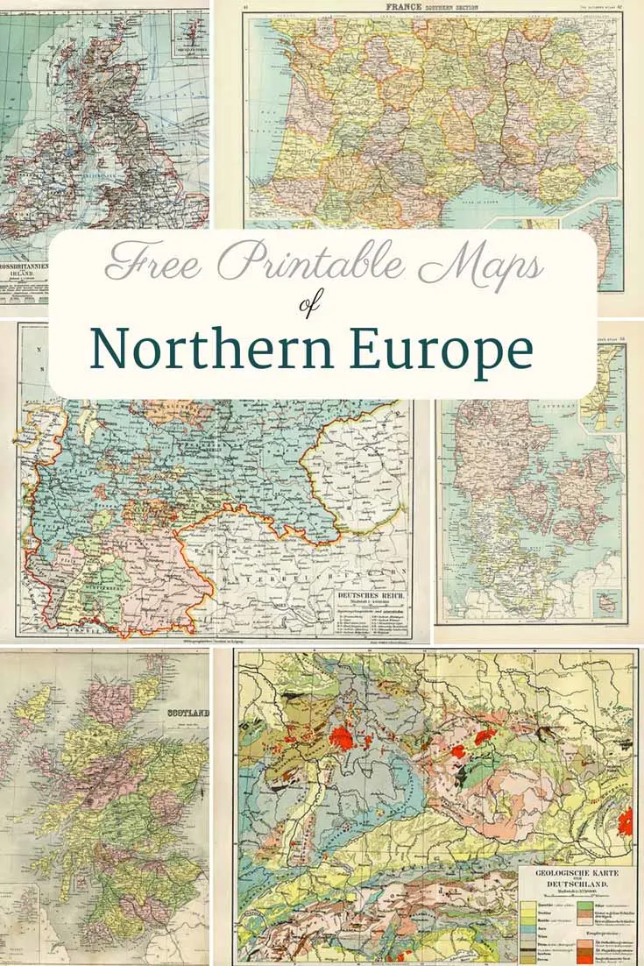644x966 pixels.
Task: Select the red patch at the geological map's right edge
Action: pos(625,822)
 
